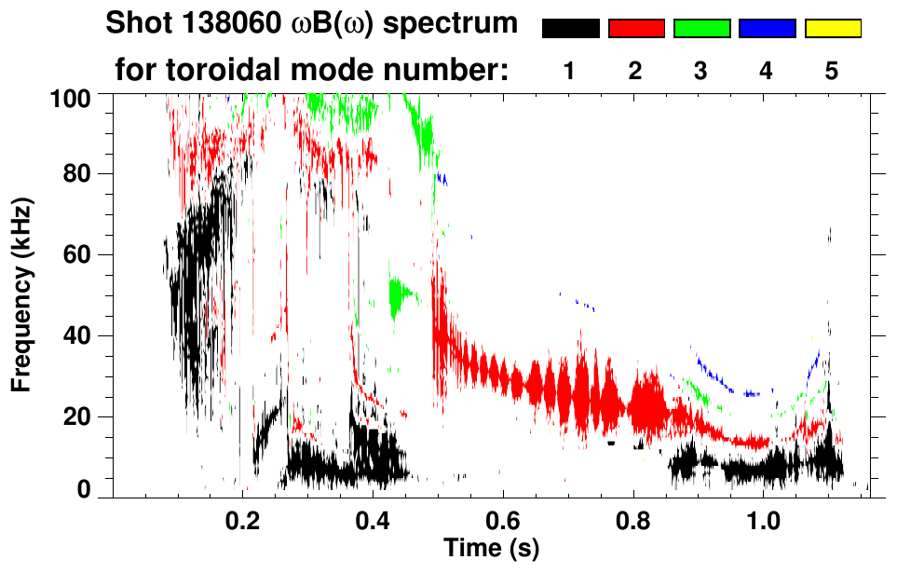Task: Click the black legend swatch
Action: coord(570,30)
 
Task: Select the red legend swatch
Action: coord(636,30)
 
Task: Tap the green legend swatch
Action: coord(701,30)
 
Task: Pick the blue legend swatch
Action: coord(767,30)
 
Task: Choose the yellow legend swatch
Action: coord(832,30)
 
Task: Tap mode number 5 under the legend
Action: coord(832,71)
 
